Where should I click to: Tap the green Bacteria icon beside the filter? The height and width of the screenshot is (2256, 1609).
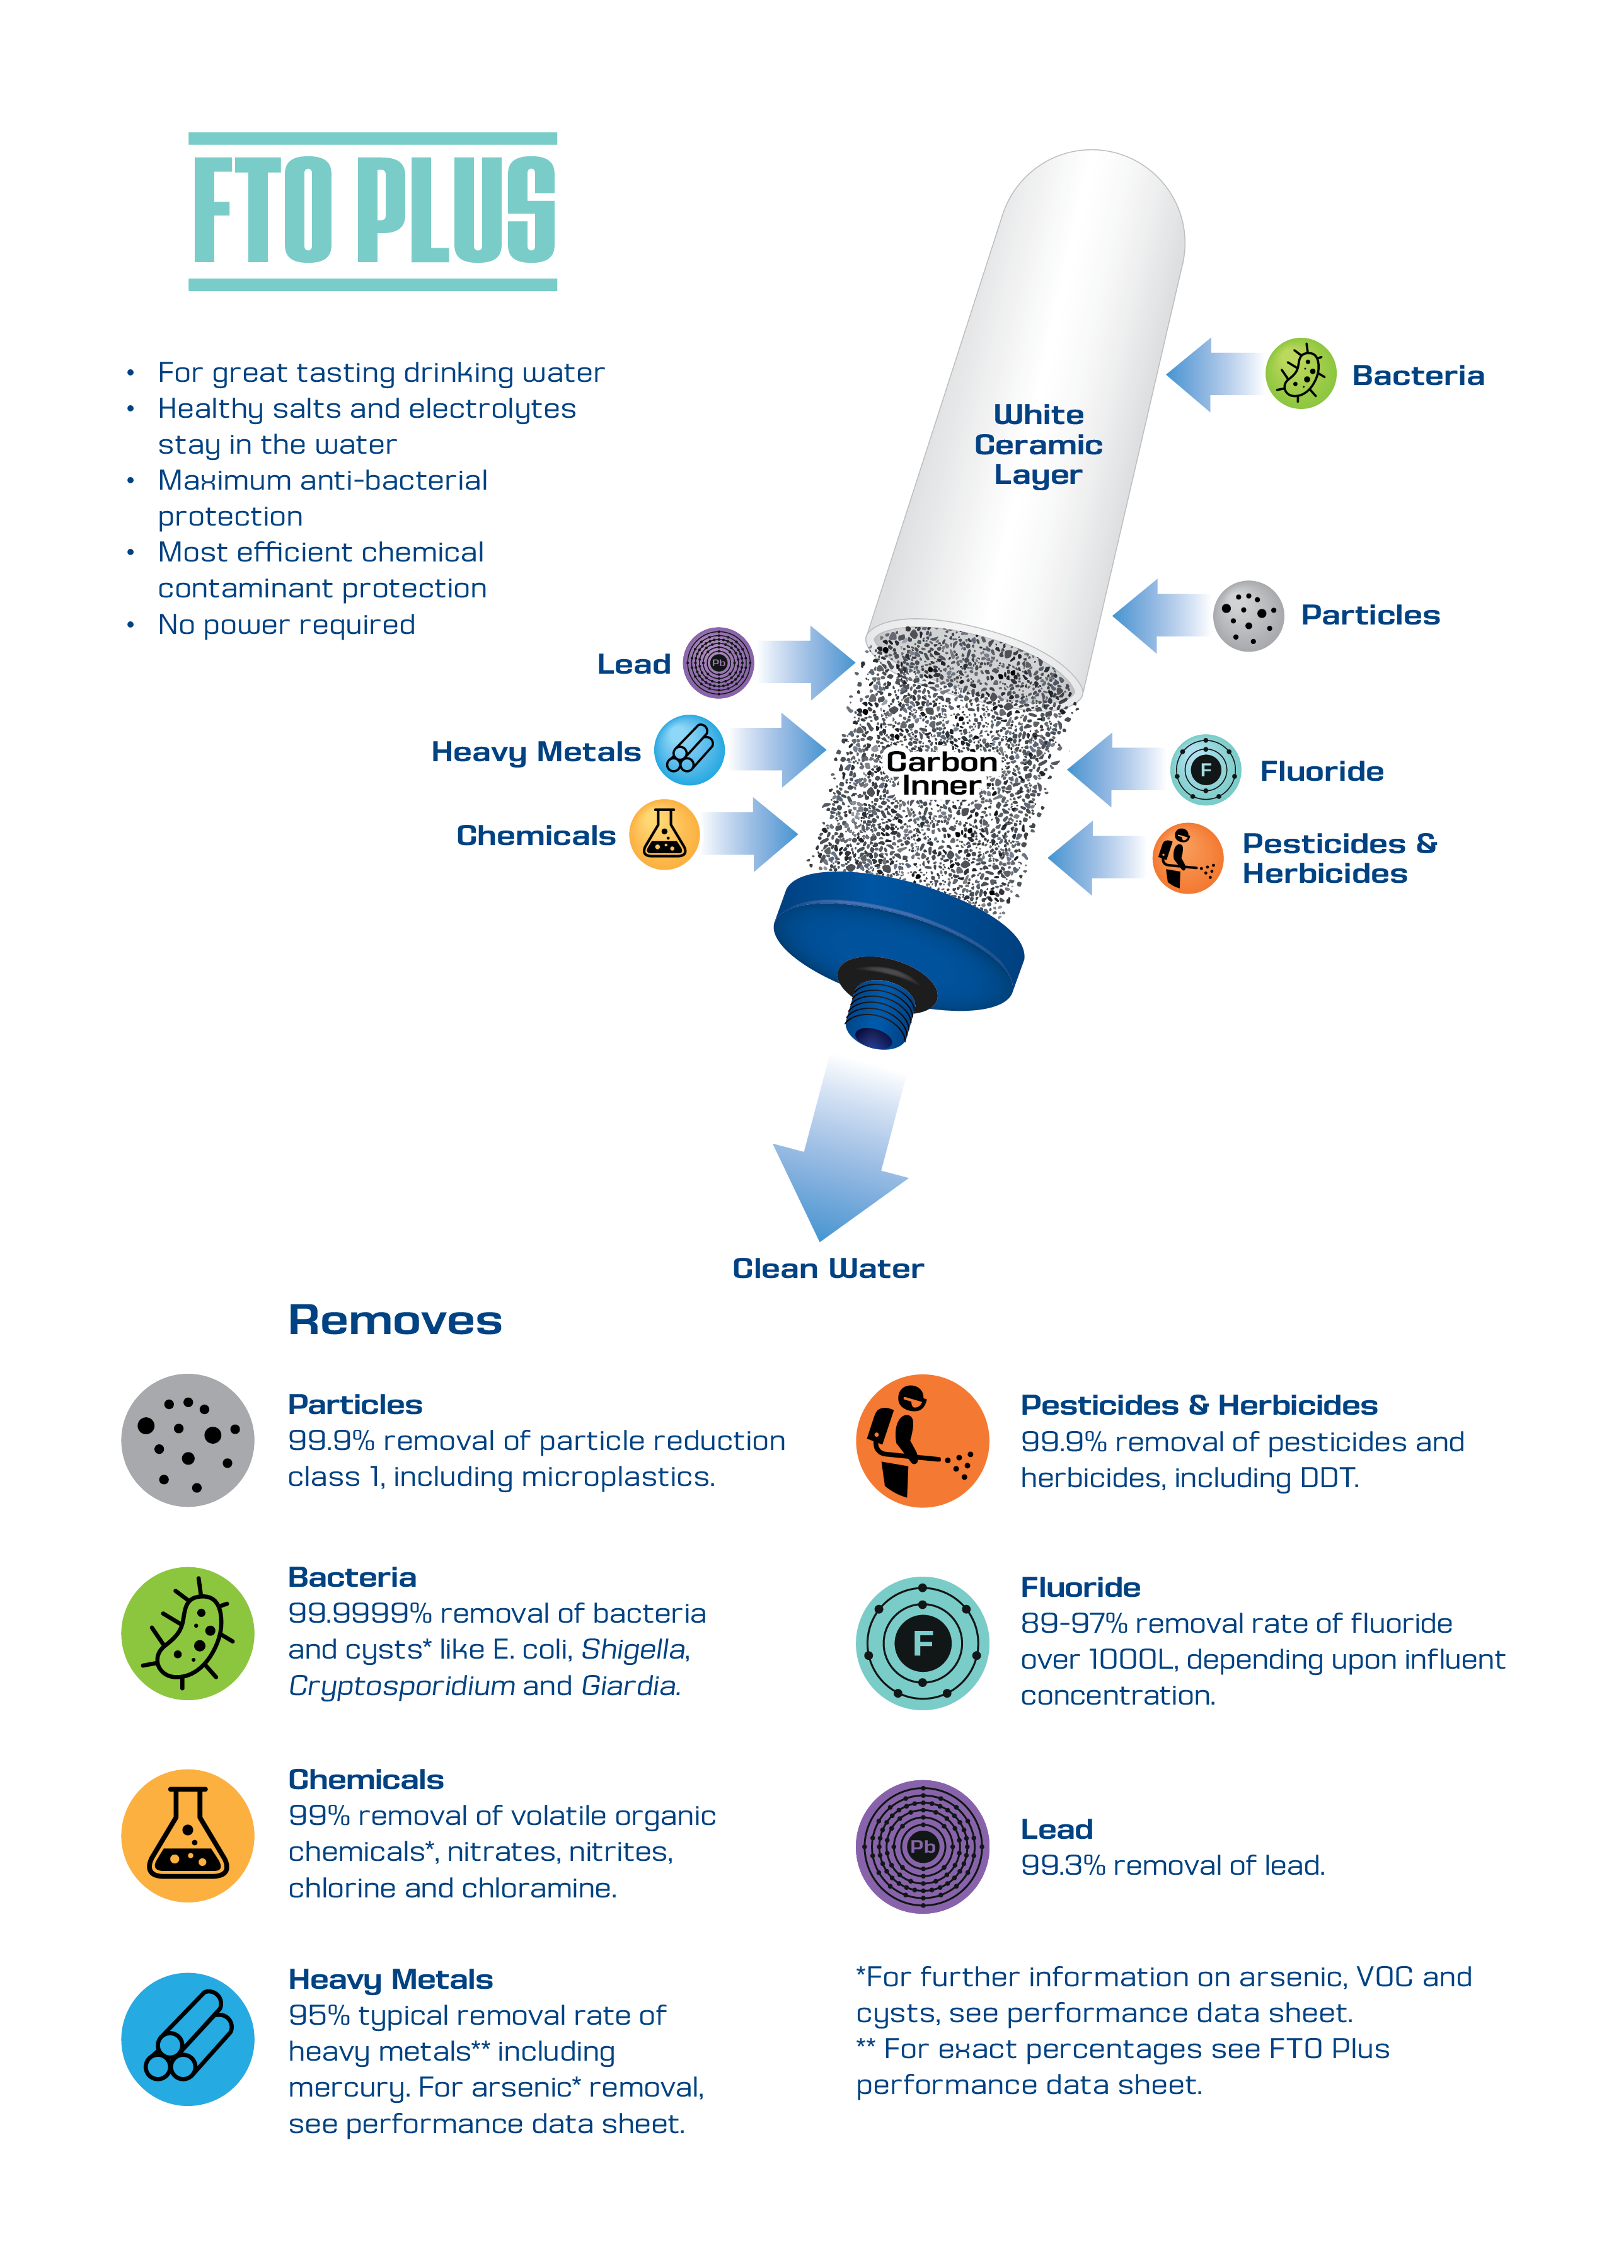[1300, 374]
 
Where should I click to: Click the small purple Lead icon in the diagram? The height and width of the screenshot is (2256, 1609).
[718, 663]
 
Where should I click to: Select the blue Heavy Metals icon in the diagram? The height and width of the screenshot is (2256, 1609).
[689, 750]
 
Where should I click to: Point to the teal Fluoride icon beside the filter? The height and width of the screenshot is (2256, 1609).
[1205, 770]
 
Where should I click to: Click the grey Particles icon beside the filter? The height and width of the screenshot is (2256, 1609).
[1249, 615]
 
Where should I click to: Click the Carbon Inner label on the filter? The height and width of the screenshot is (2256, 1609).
[940, 773]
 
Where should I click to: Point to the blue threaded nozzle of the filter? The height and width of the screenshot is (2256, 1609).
[879, 1013]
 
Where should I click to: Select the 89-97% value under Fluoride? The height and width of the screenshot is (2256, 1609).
[1073, 1623]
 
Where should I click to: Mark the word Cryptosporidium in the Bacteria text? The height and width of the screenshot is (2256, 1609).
[401, 1685]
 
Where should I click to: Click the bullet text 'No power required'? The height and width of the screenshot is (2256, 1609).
[286, 624]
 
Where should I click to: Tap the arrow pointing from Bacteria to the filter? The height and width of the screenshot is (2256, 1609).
[1214, 374]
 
